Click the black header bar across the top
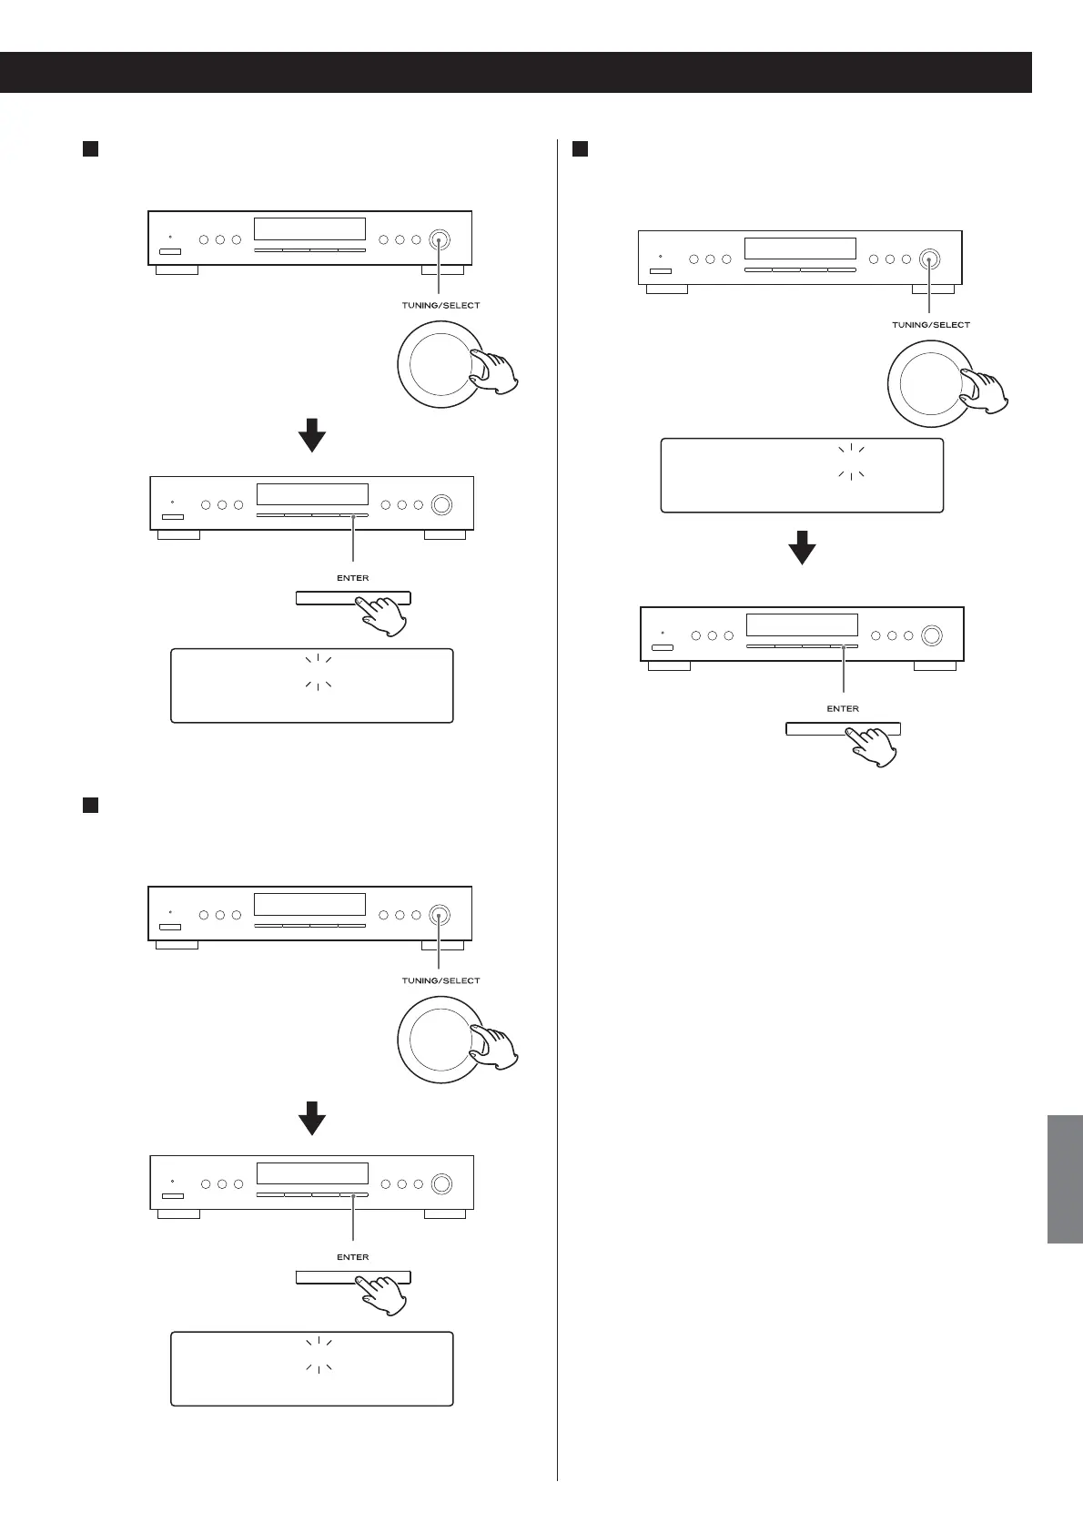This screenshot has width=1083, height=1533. [515, 72]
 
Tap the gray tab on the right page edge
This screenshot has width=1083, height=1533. [1065, 1179]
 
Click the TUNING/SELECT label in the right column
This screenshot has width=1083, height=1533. [930, 325]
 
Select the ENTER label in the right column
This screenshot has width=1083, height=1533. [843, 708]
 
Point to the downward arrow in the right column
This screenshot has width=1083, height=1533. [802, 548]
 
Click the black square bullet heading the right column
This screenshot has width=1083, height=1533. [580, 148]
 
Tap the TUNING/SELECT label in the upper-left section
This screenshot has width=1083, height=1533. [440, 306]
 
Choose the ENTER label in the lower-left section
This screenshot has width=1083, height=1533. [352, 1257]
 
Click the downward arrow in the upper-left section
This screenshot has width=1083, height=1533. [312, 435]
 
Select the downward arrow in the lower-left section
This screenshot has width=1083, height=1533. [312, 1118]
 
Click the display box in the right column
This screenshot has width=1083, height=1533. [802, 475]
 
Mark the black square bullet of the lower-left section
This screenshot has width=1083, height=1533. [90, 805]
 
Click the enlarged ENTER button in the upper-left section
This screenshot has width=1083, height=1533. [352, 598]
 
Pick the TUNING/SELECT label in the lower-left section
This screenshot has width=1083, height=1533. [440, 980]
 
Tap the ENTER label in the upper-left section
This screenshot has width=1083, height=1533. [352, 578]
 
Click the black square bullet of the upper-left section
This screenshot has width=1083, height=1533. [90, 148]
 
